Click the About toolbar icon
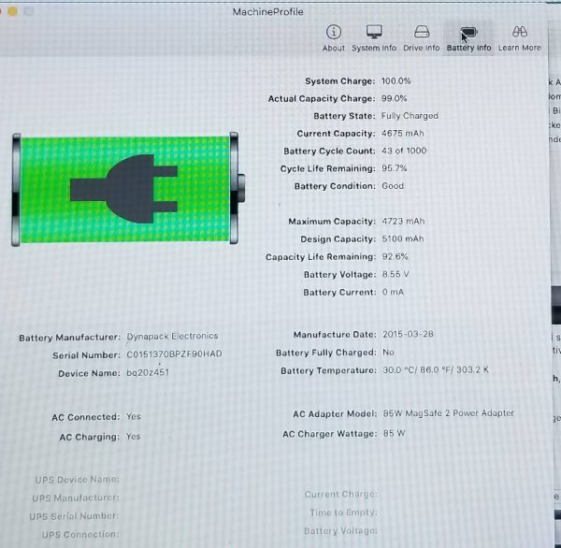(x=334, y=32)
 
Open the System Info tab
(x=374, y=38)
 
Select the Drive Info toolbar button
(x=422, y=38)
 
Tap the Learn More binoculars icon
(x=520, y=32)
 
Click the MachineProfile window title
(x=268, y=12)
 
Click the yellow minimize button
(x=12, y=11)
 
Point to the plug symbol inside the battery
(x=123, y=189)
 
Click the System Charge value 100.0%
(x=396, y=81)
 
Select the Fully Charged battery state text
(x=410, y=116)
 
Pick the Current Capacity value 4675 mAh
(x=403, y=134)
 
